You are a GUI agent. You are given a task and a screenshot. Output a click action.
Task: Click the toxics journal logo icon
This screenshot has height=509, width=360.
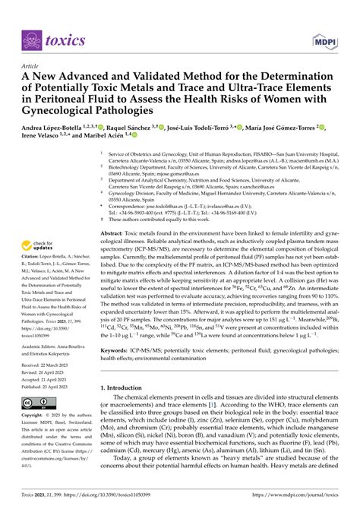(31, 39)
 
